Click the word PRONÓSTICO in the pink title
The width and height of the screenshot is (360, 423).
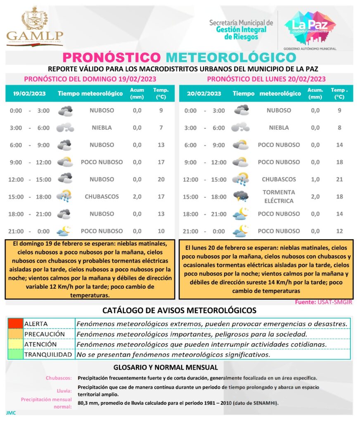tap(111, 57)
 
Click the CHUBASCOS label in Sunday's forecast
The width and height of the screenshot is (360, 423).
tap(102, 197)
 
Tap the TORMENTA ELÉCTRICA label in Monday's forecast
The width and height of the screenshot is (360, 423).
tap(279, 197)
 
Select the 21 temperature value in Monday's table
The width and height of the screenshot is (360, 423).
tap(339, 179)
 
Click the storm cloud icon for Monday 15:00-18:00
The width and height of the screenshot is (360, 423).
tap(241, 196)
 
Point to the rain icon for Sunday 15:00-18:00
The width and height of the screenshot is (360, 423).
tap(65, 196)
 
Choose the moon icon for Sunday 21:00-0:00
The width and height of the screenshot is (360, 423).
tap(65, 231)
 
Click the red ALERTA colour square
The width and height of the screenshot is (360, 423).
tap(15, 323)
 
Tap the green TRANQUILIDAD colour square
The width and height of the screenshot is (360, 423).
tap(15, 354)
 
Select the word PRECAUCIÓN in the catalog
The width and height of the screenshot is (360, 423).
tap(45, 334)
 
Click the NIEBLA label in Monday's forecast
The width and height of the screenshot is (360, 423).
tap(279, 128)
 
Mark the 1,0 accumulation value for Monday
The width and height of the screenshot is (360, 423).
tap(315, 179)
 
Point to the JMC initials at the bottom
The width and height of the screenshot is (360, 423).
tap(11, 413)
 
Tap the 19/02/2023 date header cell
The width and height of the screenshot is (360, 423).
tap(29, 93)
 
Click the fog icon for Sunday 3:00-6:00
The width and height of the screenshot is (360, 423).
tap(65, 128)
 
